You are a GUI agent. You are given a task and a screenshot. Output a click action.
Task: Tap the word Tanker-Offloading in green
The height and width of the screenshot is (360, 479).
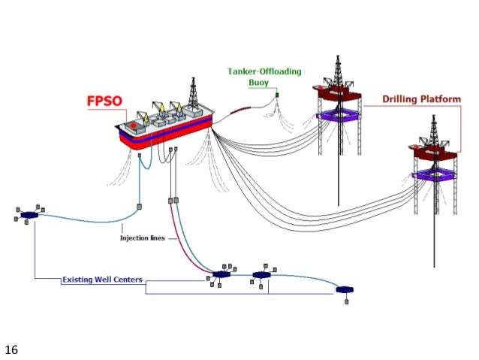(264, 71)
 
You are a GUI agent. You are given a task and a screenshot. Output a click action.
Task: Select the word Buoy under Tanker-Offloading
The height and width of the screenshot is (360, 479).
(264, 83)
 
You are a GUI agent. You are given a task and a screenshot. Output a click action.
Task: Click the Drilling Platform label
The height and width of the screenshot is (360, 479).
(422, 98)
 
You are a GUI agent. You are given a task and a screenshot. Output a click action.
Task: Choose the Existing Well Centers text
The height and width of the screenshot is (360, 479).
(103, 280)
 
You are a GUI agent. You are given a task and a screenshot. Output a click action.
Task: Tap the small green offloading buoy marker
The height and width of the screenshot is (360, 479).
(276, 95)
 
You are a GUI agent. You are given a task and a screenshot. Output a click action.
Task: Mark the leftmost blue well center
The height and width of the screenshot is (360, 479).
(29, 215)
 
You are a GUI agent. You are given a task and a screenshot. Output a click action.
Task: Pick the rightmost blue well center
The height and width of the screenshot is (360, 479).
(345, 289)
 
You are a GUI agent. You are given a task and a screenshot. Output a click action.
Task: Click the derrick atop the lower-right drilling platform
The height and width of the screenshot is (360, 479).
(433, 134)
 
